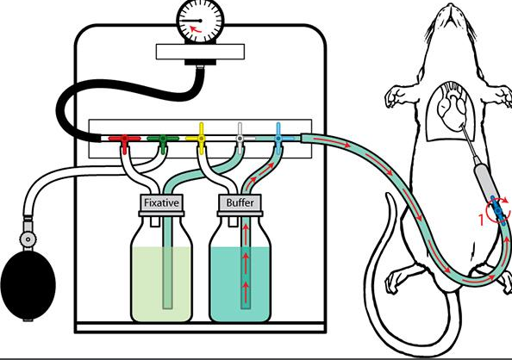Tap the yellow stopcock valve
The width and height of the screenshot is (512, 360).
pyautogui.click(x=201, y=139)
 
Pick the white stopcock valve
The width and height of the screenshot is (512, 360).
pyautogui.click(x=240, y=139)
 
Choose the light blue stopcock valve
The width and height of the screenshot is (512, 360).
pyautogui.click(x=278, y=139)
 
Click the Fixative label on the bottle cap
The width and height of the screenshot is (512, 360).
pyautogui.click(x=161, y=203)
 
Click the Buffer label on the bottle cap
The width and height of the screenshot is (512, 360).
pyautogui.click(x=240, y=203)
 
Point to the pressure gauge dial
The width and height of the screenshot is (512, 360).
pyautogui.click(x=200, y=22)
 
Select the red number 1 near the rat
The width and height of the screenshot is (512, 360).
pyautogui.click(x=481, y=220)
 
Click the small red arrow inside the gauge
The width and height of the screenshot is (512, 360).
pyautogui.click(x=196, y=30)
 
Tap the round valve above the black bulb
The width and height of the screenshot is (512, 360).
pyautogui.click(x=28, y=239)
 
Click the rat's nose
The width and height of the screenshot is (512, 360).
pyautogui.click(x=451, y=6)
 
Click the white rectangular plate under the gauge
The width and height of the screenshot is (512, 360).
pyautogui.click(x=200, y=52)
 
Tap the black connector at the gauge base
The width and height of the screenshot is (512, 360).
pyautogui.click(x=200, y=62)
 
